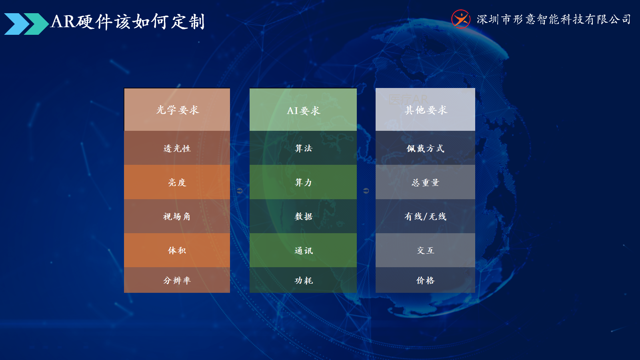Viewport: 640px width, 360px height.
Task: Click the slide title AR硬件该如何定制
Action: click(x=128, y=22)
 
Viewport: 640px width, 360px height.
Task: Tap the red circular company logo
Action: click(x=460, y=19)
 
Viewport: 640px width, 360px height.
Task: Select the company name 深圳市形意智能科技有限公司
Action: click(x=554, y=20)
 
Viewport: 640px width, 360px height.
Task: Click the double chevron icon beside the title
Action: click(x=26, y=24)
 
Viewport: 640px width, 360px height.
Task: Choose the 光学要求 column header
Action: click(x=177, y=110)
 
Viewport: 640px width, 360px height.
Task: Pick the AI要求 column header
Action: click(x=303, y=110)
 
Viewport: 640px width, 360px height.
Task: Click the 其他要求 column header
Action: click(x=426, y=110)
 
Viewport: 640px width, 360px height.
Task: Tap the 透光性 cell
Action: click(x=177, y=148)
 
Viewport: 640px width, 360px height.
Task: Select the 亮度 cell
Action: click(x=177, y=182)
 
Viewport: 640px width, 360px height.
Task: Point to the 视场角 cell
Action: click(x=177, y=216)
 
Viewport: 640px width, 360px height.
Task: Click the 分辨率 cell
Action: click(x=177, y=280)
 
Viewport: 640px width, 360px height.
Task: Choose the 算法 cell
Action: click(x=303, y=148)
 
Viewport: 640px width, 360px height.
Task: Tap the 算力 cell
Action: click(x=303, y=182)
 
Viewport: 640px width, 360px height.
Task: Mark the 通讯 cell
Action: click(x=303, y=250)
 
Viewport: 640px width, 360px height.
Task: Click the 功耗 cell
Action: click(x=303, y=280)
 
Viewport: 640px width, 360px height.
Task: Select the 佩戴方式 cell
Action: click(x=426, y=148)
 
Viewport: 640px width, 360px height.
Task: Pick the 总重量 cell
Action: click(x=426, y=182)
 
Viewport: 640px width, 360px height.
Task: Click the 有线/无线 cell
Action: click(x=426, y=216)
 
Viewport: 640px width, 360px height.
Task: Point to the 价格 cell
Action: click(x=426, y=280)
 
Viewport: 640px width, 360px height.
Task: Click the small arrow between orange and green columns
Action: click(x=240, y=190)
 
